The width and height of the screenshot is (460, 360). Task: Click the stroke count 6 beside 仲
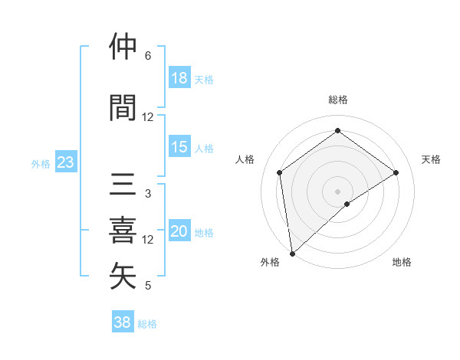pyautogui.click(x=148, y=56)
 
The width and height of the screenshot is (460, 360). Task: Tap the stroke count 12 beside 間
pyautogui.click(x=148, y=117)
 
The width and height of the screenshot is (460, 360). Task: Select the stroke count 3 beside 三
pyautogui.click(x=148, y=194)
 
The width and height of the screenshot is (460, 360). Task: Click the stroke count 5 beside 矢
pyautogui.click(x=148, y=286)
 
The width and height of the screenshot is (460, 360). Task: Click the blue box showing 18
pyautogui.click(x=179, y=78)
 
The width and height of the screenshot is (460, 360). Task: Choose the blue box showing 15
pyautogui.click(x=179, y=147)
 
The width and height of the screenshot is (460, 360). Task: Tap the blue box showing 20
pyautogui.click(x=179, y=232)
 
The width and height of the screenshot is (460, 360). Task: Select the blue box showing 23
pyautogui.click(x=65, y=162)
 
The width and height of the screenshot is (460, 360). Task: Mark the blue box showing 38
pyautogui.click(x=123, y=322)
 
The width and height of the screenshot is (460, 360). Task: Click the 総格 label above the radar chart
pyautogui.click(x=338, y=100)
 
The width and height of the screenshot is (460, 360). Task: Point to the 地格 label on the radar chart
pyautogui.click(x=402, y=262)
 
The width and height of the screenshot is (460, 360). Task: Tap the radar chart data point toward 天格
pyautogui.click(x=396, y=172)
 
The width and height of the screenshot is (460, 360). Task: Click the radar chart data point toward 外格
pyautogui.click(x=292, y=253)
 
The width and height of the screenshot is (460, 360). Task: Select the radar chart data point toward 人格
pyautogui.click(x=280, y=172)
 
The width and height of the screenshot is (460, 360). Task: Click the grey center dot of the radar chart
pyautogui.click(x=338, y=191)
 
